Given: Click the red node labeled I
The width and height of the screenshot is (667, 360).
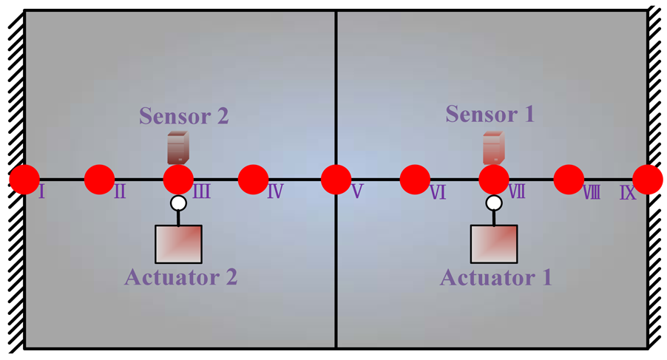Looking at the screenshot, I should click(x=24, y=179).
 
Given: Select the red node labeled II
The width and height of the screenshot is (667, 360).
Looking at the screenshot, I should click(x=99, y=179).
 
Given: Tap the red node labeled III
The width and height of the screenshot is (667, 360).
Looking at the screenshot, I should click(x=177, y=179).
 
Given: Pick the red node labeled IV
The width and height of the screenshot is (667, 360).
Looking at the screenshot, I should click(x=253, y=179).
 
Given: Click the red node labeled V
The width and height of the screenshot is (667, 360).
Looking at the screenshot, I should click(x=336, y=179).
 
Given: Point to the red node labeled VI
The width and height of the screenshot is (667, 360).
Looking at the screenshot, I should click(x=415, y=179).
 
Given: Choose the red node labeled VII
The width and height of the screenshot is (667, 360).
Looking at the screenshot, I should click(x=494, y=179).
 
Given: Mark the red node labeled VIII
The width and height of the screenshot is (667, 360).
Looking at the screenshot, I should click(x=569, y=179).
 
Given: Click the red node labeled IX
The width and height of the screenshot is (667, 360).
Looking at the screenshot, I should click(x=648, y=179).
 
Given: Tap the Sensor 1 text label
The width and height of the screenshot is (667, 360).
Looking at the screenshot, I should click(x=490, y=115).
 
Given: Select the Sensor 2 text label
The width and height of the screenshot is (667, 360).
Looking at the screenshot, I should click(x=184, y=116).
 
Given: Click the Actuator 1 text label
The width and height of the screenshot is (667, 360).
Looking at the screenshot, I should click(x=495, y=279).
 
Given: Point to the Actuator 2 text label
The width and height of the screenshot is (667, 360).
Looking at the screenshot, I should click(x=180, y=278).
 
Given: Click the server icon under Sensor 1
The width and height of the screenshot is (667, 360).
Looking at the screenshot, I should click(x=493, y=148).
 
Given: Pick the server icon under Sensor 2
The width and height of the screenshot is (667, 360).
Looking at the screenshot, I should click(x=178, y=147).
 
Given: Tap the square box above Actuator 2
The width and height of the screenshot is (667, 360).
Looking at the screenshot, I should click(x=178, y=244).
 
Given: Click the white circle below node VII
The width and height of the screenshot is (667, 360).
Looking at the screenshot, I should click(x=494, y=203).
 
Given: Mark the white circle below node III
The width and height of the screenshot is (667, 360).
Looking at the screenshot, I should click(x=178, y=203).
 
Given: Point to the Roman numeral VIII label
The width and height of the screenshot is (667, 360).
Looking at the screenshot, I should click(x=591, y=194).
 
